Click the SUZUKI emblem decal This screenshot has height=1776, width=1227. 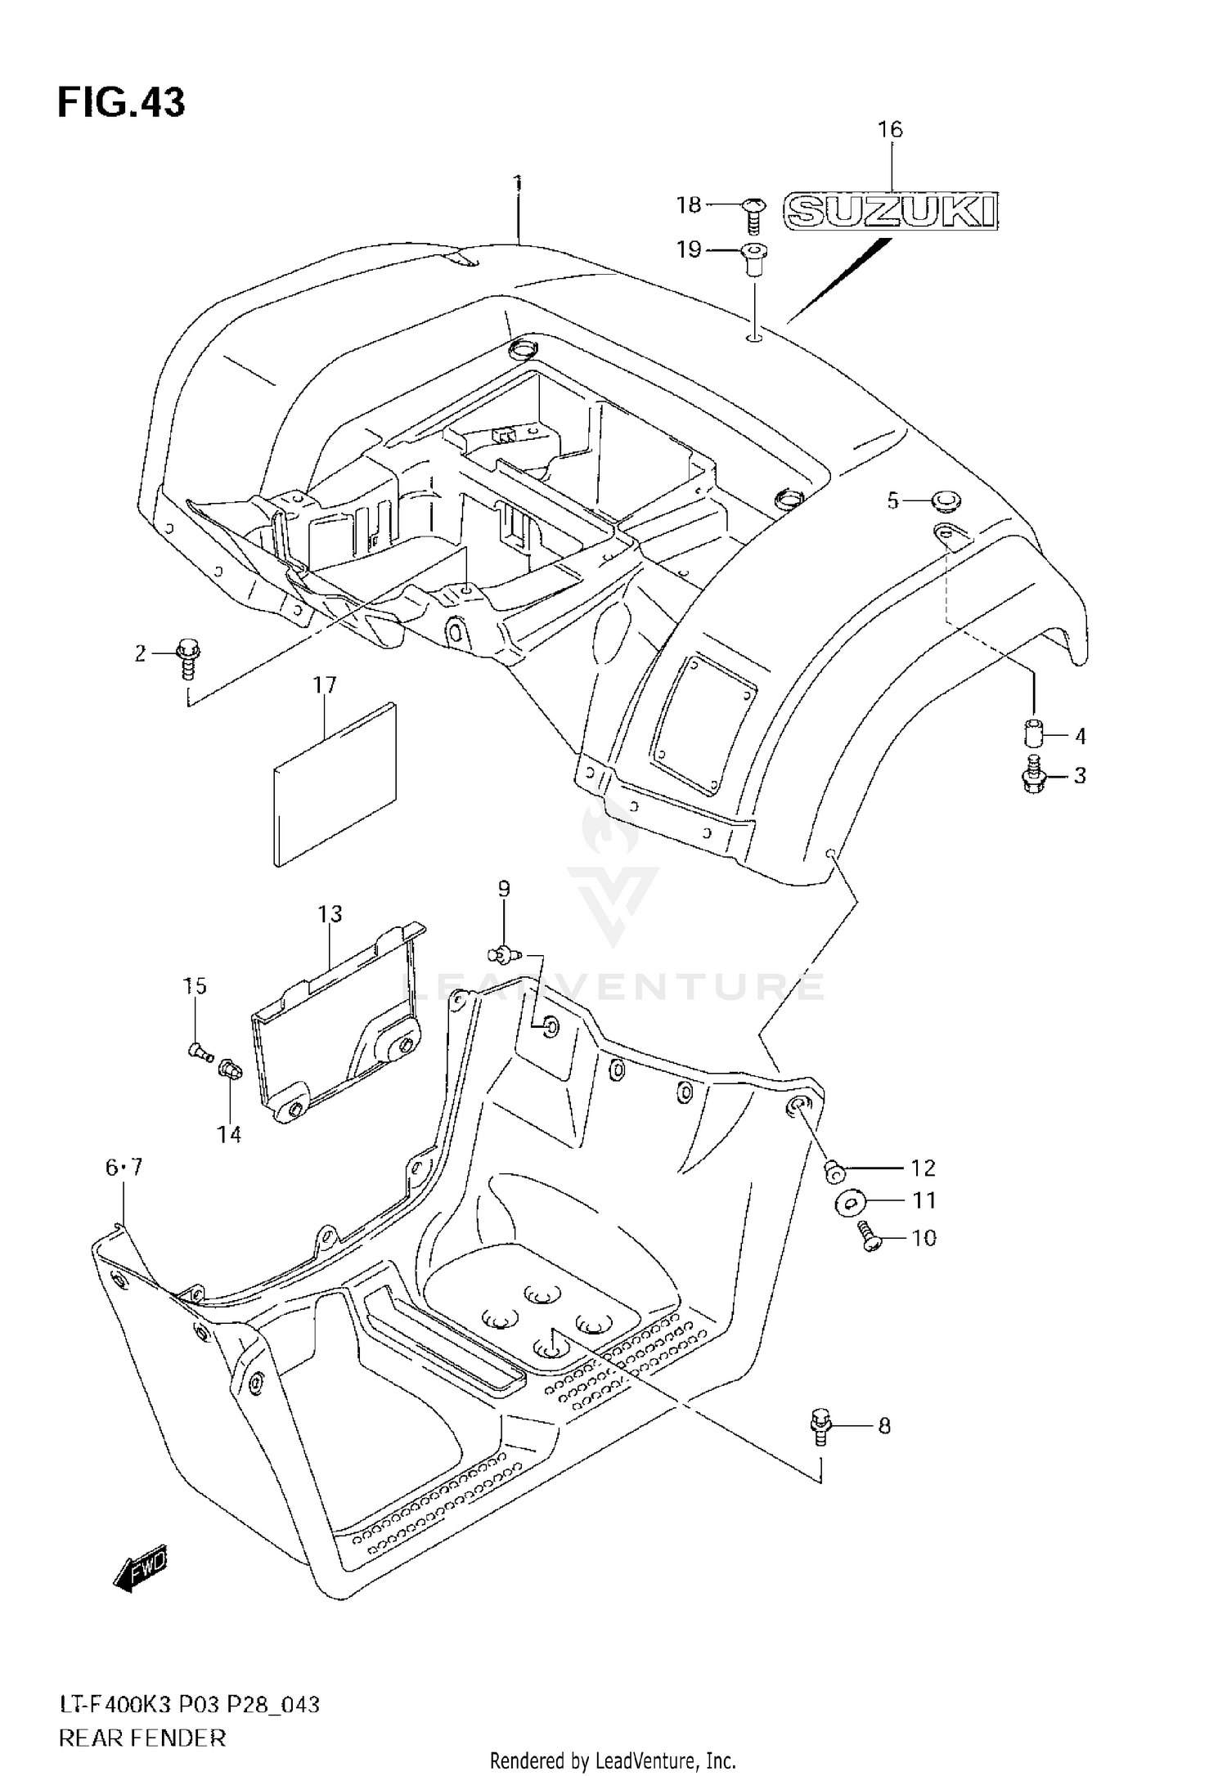point(891,211)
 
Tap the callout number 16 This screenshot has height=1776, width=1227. point(890,129)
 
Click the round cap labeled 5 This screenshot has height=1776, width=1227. point(945,500)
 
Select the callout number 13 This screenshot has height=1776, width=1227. point(330,913)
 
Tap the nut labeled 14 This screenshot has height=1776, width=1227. point(228,1068)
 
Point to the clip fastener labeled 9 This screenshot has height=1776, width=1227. point(503,952)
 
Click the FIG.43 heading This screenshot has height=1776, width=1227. point(121,103)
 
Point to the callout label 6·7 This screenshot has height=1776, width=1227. point(124,1168)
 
